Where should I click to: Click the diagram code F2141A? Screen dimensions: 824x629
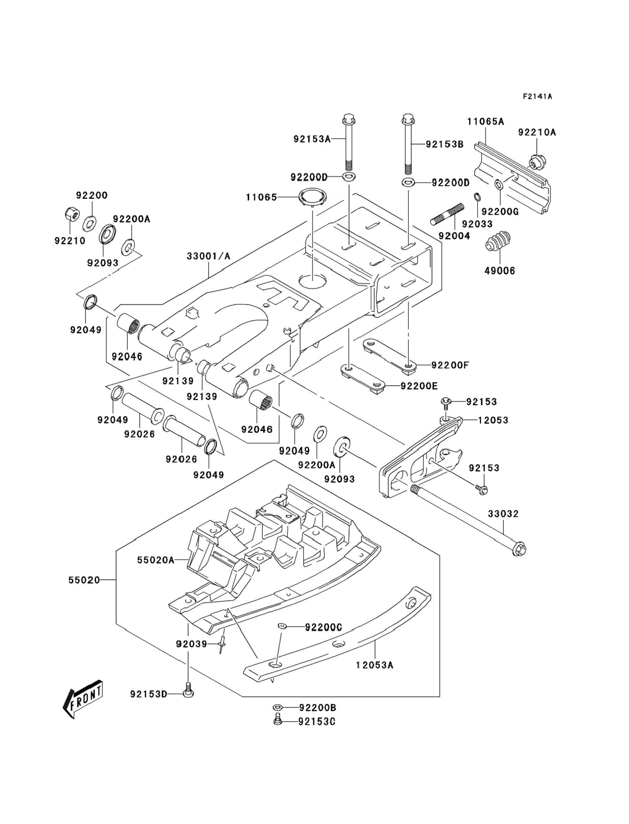click(x=537, y=97)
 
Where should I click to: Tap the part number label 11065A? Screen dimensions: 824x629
click(x=485, y=122)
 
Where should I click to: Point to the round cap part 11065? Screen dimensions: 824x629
click(x=313, y=197)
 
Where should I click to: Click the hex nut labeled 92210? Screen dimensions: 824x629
click(x=70, y=214)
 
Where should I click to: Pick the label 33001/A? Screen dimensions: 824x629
click(x=209, y=256)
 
